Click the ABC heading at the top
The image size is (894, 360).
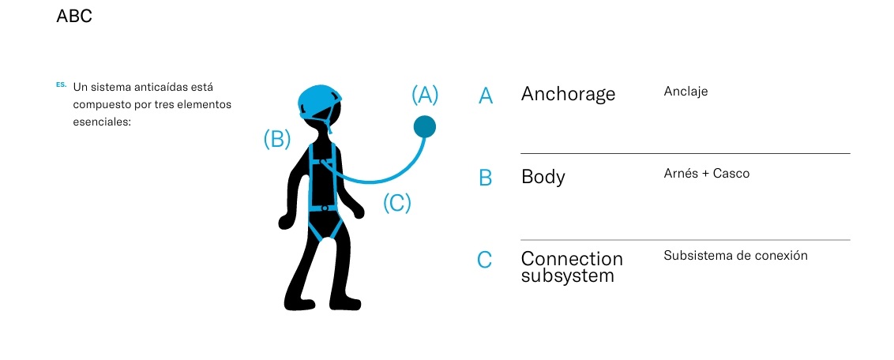[74, 16]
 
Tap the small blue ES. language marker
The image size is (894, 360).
[61, 83]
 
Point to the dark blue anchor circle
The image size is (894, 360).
[425, 126]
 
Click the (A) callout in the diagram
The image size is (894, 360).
[425, 95]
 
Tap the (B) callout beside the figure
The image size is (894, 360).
[277, 139]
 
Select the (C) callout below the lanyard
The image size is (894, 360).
[397, 203]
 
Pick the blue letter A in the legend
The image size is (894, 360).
[486, 96]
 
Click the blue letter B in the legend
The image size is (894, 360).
[486, 178]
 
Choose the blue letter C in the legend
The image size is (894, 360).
[485, 260]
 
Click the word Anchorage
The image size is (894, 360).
[568, 94]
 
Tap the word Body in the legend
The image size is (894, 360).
[543, 176]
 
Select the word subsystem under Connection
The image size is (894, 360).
[567, 276]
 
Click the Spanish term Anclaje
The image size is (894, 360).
[686, 92]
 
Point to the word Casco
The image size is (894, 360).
[731, 174]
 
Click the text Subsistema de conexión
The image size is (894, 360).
[735, 256]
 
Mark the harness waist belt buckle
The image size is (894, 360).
[325, 208]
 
